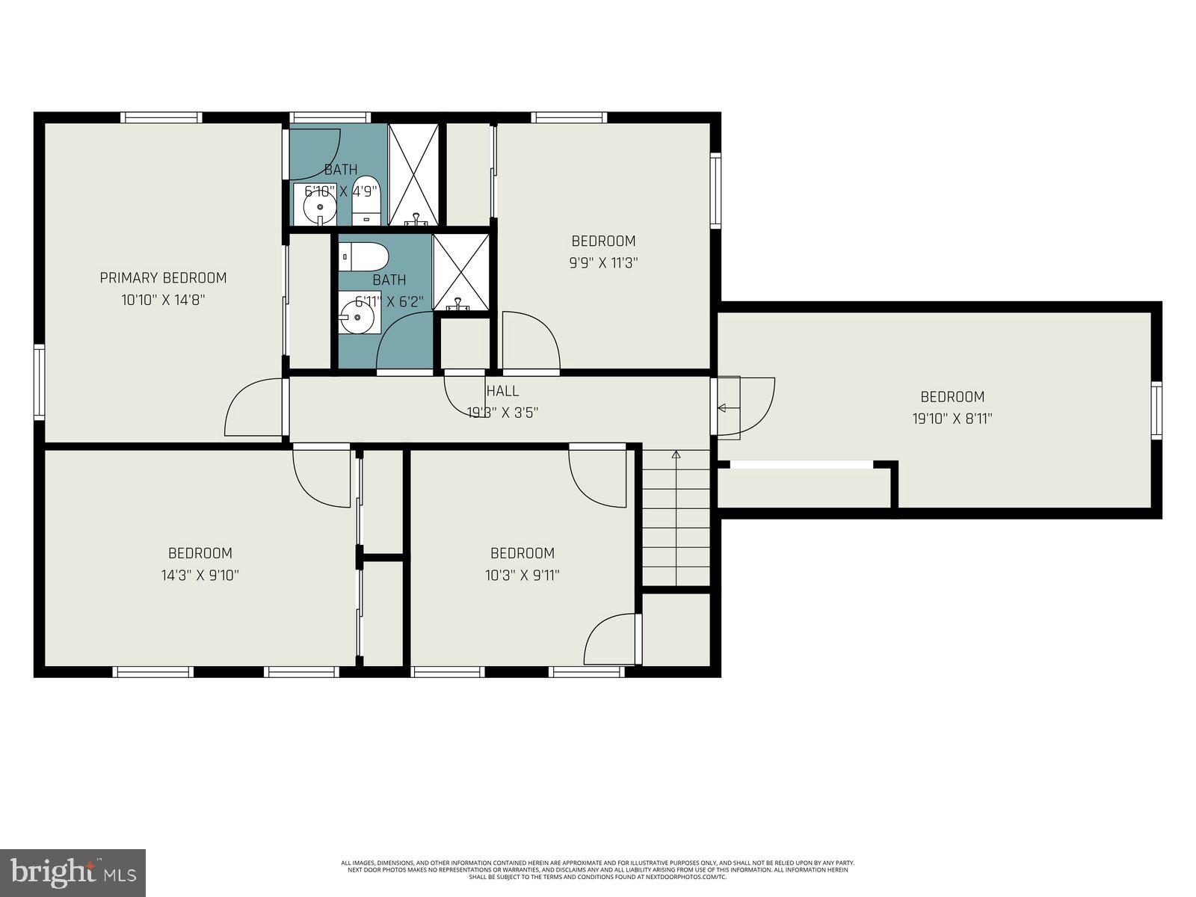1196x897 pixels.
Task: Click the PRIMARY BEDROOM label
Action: [163, 278]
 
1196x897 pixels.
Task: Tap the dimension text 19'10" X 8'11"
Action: [952, 419]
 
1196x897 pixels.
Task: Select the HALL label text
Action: [502, 391]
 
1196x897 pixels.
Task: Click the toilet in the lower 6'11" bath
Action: [364, 257]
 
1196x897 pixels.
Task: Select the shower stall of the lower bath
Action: [461, 272]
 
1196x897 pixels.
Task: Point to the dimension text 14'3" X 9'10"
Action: [200, 576]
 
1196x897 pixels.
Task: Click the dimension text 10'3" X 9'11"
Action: [522, 576]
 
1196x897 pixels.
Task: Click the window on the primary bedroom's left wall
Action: [39, 382]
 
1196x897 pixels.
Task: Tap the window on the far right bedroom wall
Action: [1156, 409]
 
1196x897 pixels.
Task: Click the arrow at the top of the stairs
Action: [676, 454]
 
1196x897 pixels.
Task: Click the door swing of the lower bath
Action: [404, 342]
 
